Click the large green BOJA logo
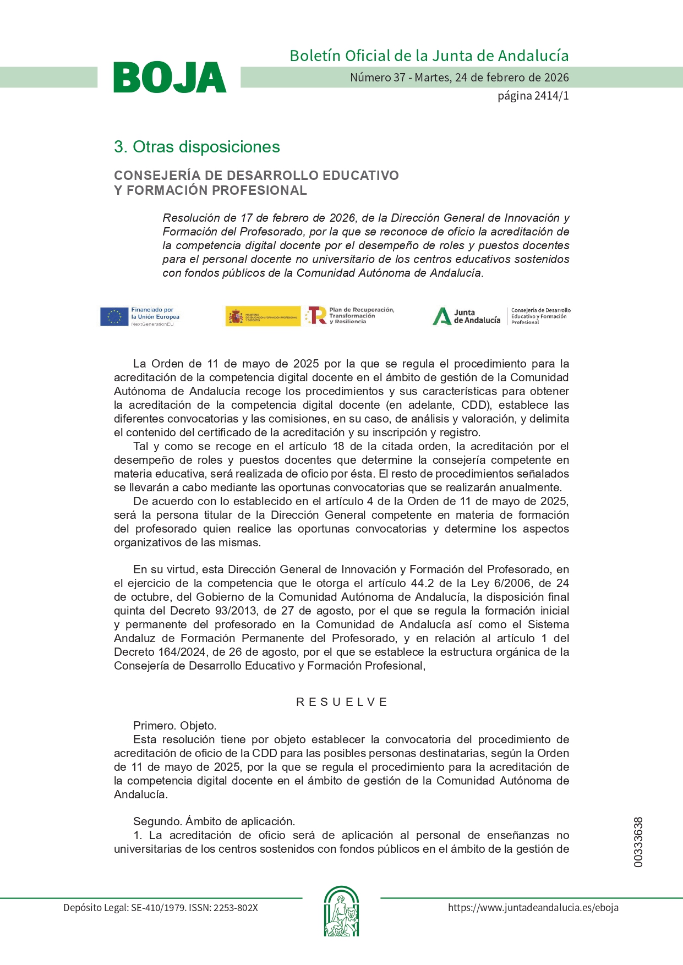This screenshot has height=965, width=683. point(170,78)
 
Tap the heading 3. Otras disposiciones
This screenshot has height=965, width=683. point(196,147)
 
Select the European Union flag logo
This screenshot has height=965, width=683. point(114,316)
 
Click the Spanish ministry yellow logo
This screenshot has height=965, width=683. point(263,316)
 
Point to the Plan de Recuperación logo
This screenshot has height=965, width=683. point(351,316)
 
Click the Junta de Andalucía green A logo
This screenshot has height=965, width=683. point(442,316)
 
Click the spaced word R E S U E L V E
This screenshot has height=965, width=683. point(341,702)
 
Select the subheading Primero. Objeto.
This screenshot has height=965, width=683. point(174,726)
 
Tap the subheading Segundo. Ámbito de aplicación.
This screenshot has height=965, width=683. point(214,821)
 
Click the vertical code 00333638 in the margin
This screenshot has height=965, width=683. point(638,842)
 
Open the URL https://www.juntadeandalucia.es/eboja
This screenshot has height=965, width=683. point(533,908)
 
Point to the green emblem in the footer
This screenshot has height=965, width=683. point(341,911)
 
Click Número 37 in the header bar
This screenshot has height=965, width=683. point(378,78)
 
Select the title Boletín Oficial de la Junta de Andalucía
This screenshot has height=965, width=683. point(429,56)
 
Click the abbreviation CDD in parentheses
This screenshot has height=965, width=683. point(476,405)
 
